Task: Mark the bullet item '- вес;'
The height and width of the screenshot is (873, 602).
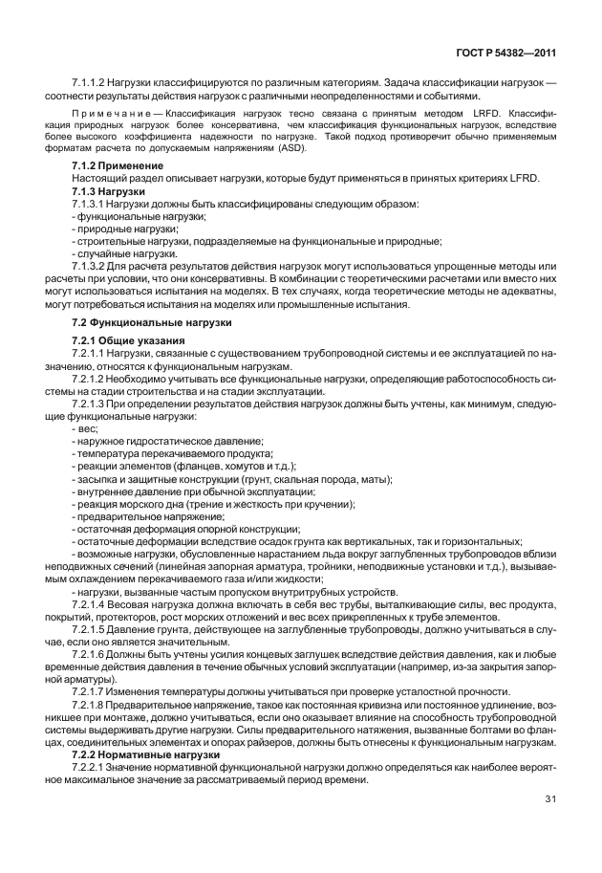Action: pos(85,428)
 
